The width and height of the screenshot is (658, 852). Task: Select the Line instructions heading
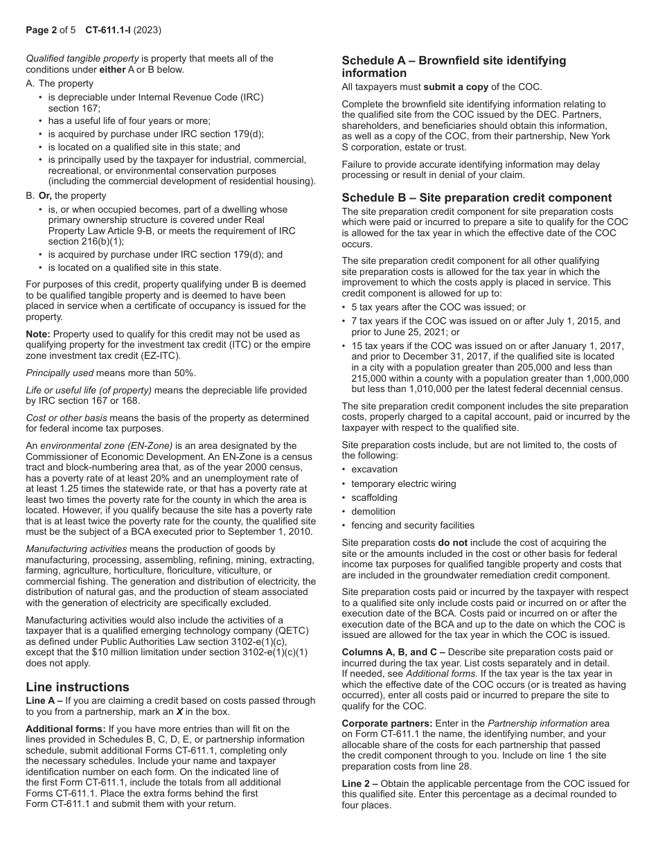pos(78,686)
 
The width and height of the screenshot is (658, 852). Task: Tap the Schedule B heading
pos(477,197)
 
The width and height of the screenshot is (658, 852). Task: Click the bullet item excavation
pos(374,470)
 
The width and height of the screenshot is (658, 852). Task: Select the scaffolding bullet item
pos(374,497)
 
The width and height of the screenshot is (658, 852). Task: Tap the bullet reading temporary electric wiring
pos(403,483)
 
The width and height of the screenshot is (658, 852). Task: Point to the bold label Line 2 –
pos(359,783)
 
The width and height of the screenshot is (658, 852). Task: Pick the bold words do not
pos(452,542)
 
